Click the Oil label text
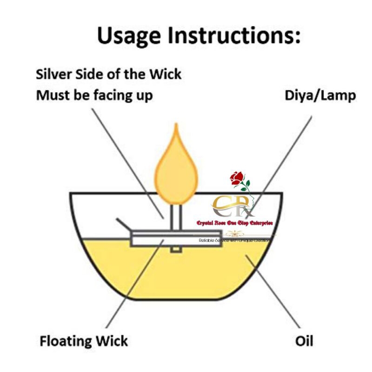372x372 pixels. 304,342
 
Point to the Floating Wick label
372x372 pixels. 84,342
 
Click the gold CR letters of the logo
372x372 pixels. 228,205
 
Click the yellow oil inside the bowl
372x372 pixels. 186,274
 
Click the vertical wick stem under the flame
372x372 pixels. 175,218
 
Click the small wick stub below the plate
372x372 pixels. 175,250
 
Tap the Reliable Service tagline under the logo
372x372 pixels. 235,240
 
